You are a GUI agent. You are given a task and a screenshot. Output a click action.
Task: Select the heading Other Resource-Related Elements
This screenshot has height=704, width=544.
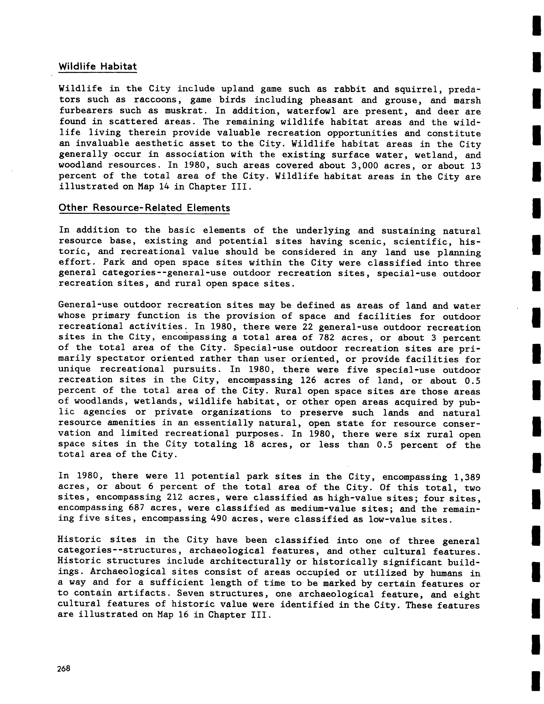[x=144, y=208]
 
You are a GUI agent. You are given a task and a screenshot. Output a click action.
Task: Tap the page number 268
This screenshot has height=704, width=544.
[x=63, y=668]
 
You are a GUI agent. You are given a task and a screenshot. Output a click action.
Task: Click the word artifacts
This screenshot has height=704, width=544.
[x=142, y=593]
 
